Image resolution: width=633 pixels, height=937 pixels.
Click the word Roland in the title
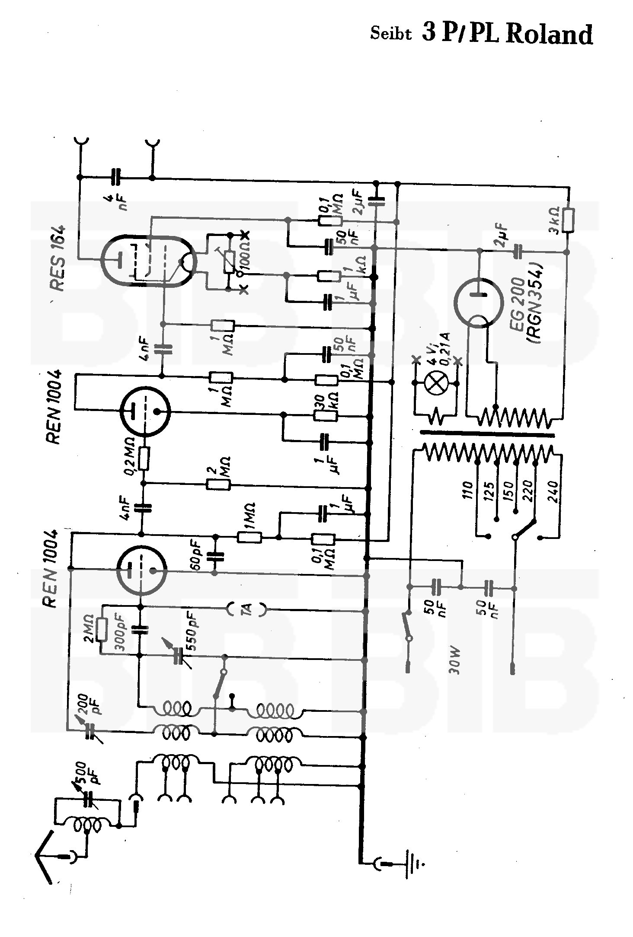(549, 34)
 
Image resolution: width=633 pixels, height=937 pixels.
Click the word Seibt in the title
(390, 34)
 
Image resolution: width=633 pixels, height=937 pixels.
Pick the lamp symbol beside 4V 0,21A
(435, 383)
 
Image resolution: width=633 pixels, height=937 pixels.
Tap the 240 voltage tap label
(554, 490)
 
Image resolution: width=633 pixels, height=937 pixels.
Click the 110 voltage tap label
(468, 490)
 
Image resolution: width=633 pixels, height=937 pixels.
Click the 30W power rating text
(454, 661)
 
